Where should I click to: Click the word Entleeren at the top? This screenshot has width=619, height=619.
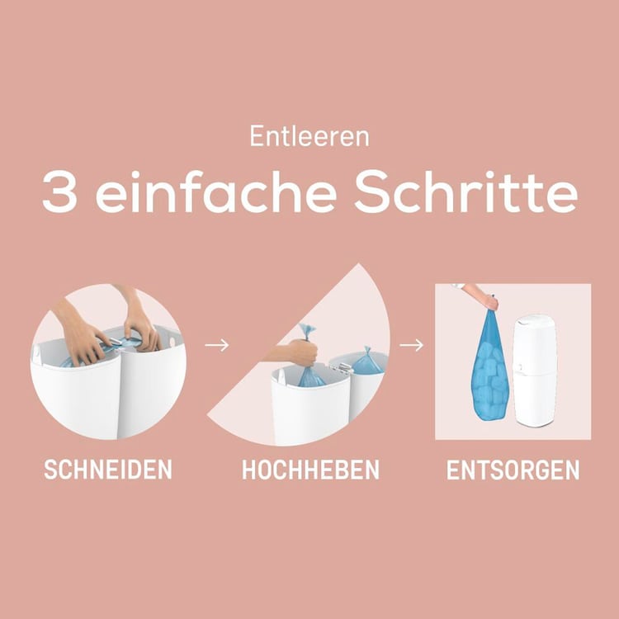coord(309,136)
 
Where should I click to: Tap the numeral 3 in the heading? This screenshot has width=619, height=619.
coord(59,191)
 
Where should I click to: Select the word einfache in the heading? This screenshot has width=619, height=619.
coord(216,191)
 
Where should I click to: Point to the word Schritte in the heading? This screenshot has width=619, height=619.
coord(465,191)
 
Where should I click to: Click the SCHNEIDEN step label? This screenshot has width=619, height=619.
coord(108,470)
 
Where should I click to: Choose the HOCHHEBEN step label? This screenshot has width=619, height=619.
coord(310,470)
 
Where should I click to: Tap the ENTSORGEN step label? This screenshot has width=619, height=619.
coord(513,470)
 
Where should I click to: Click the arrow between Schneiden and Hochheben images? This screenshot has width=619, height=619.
coord(217,345)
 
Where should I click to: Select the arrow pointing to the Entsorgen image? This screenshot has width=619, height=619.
coord(411,345)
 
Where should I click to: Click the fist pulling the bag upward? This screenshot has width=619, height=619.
coord(303,352)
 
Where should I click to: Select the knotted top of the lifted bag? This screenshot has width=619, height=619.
coord(306,331)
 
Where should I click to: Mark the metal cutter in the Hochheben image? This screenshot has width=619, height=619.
coord(341,368)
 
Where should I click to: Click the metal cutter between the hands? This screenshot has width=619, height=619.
coord(115,342)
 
